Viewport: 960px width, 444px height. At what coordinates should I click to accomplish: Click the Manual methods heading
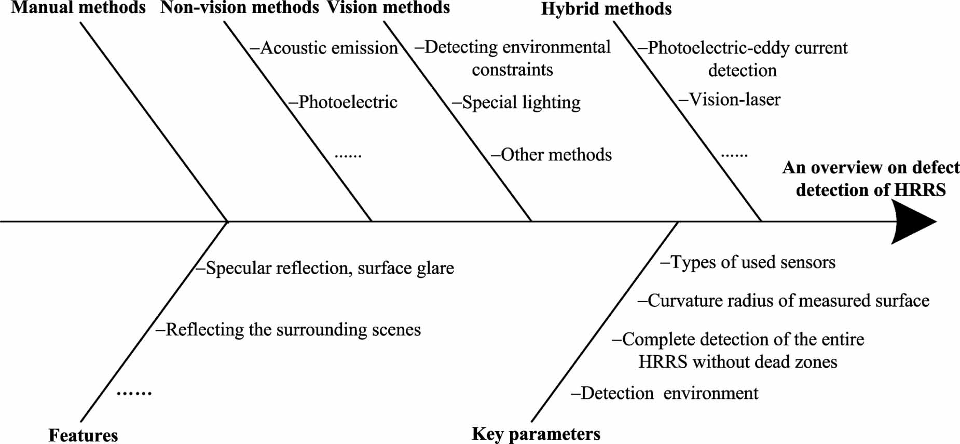[78, 8]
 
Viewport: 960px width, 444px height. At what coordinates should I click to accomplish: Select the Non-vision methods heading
[239, 8]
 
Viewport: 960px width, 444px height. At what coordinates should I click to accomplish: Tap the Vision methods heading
[388, 8]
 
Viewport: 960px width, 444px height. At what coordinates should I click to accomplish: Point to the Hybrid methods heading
[606, 9]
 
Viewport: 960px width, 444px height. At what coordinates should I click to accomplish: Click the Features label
[83, 435]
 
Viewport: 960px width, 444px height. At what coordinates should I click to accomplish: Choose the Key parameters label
[536, 434]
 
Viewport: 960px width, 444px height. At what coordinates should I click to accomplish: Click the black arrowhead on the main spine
[913, 222]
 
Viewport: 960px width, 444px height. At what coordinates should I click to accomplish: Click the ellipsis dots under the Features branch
[134, 393]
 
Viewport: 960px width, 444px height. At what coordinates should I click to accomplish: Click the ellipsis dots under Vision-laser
[734, 155]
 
